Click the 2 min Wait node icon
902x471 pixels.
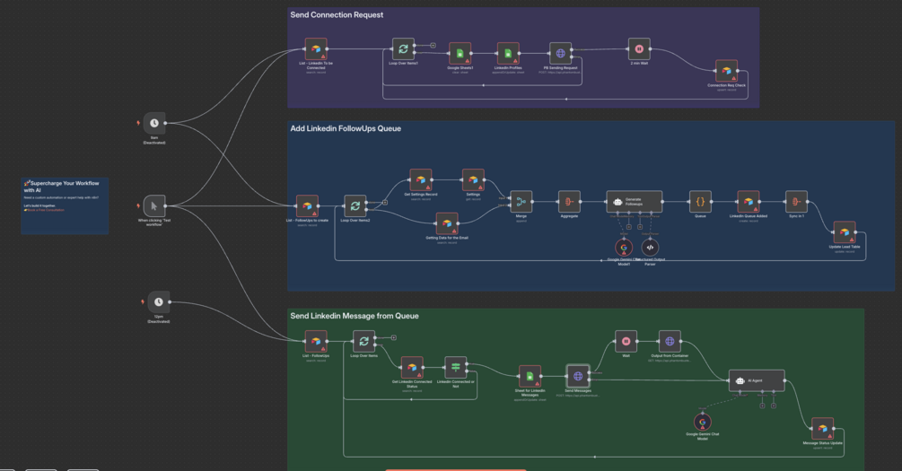click(638, 49)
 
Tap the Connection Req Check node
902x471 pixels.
click(726, 71)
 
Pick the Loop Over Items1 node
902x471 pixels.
click(403, 49)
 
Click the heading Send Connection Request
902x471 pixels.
click(337, 14)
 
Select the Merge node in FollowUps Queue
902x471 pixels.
click(521, 202)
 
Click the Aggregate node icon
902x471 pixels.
click(569, 202)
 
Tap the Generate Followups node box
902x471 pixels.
click(634, 201)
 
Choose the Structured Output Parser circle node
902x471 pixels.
click(651, 248)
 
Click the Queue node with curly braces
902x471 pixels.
click(700, 202)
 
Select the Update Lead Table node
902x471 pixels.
click(844, 232)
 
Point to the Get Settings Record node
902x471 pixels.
click(421, 180)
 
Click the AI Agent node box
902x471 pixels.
click(756, 380)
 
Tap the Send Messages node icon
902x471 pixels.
click(578, 377)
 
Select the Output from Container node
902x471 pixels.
click(669, 341)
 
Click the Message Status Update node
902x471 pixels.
click(822, 428)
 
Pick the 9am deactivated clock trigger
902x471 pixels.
click(154, 124)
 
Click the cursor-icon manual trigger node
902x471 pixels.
click(154, 205)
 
